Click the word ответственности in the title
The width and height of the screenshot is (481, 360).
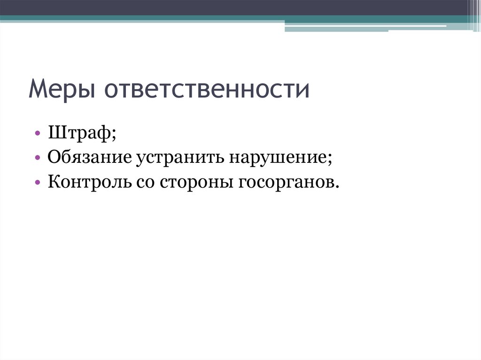207,89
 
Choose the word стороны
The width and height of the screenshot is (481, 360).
196,181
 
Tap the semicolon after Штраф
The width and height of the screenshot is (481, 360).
115,136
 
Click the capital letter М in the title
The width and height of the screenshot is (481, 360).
39,89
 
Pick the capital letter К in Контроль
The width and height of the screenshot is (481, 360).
53,181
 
